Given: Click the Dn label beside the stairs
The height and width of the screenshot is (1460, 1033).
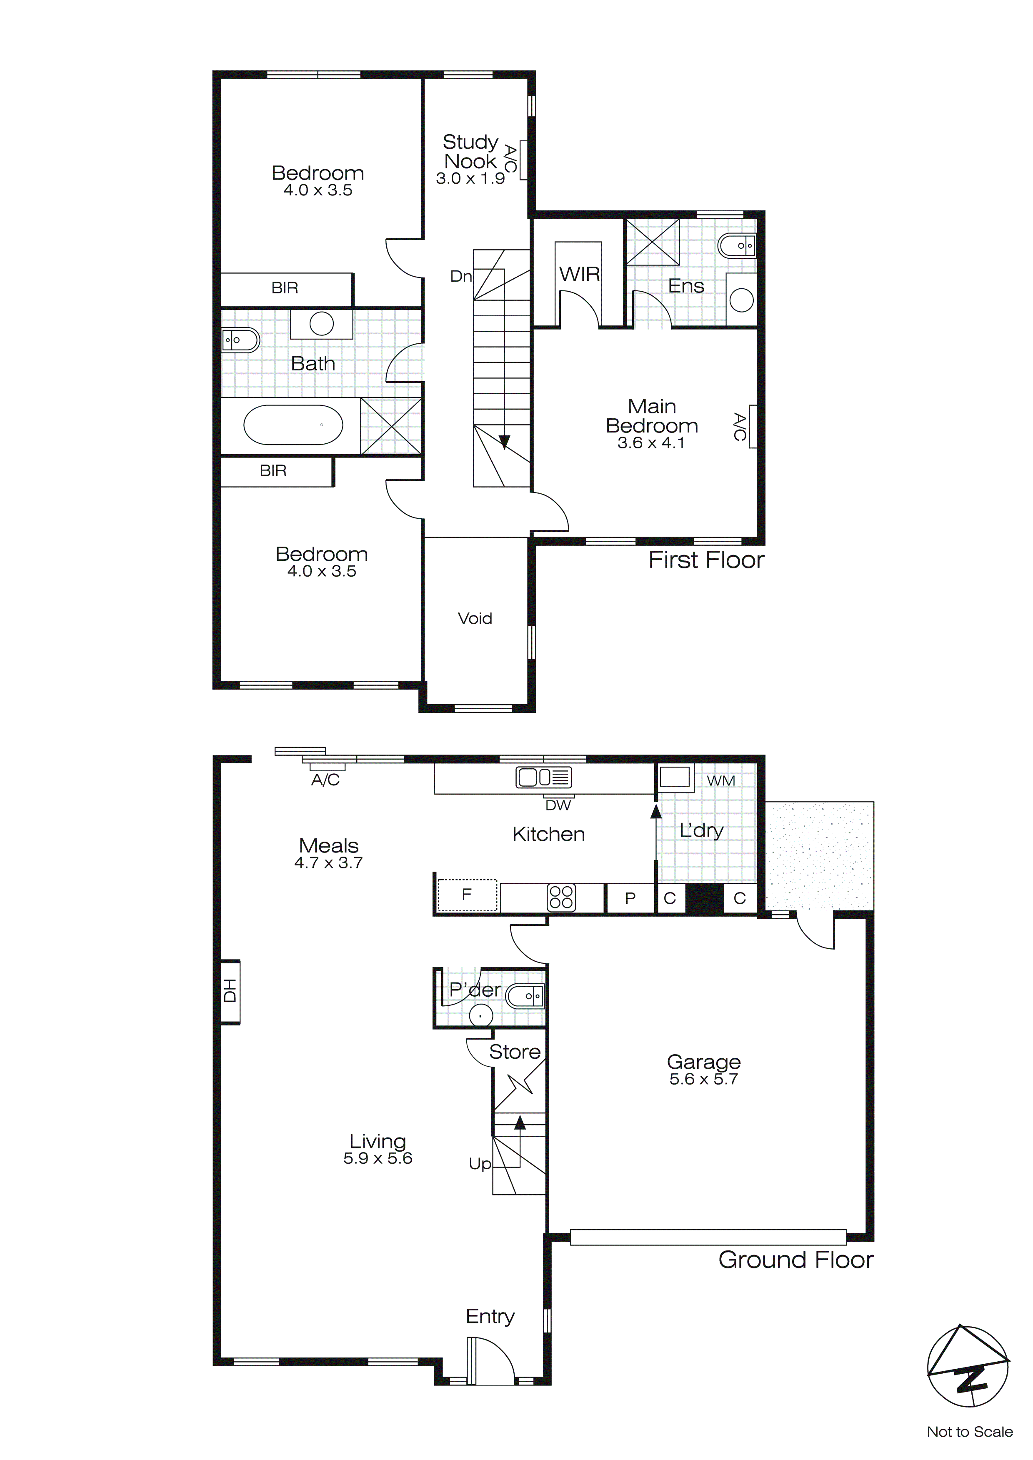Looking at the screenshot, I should tap(460, 276).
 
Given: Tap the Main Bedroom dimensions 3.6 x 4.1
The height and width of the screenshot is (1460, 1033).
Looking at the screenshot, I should tap(651, 443).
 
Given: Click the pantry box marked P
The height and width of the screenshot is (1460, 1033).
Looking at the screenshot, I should tap(630, 898).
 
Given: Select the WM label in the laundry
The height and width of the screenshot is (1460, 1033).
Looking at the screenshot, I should tap(720, 780).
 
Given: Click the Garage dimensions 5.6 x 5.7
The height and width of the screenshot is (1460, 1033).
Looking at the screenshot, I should tap(703, 1079).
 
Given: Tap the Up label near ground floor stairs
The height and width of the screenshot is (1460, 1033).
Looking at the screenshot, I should tap(480, 1164).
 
